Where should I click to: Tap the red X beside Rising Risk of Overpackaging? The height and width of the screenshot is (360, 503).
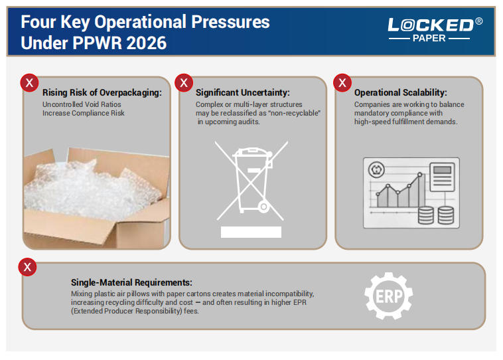[x=28, y=82]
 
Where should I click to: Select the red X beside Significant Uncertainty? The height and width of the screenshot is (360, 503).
[x=184, y=82]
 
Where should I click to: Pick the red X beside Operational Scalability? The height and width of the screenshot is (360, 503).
[x=342, y=82]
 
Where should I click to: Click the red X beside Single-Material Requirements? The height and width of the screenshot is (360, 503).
[x=28, y=267]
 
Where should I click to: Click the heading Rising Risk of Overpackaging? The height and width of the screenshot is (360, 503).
[x=102, y=93]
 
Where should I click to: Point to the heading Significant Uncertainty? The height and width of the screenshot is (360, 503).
[x=242, y=93]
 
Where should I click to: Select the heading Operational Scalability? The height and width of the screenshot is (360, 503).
[x=400, y=93]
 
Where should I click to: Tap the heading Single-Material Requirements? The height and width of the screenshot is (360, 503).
[x=131, y=282]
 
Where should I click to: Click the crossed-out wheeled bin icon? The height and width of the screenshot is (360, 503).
[x=251, y=179]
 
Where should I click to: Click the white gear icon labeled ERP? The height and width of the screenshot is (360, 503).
[x=389, y=296]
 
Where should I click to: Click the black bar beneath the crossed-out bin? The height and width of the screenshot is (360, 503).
[x=251, y=232]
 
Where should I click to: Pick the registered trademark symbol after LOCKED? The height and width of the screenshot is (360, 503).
[x=479, y=22]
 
